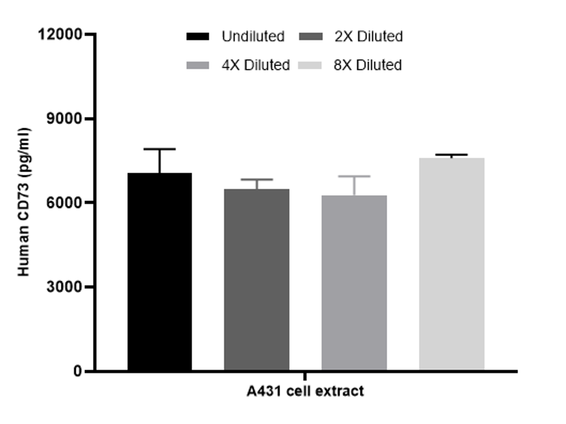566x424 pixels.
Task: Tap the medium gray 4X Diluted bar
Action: [354, 283]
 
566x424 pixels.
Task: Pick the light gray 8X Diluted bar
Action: [452, 264]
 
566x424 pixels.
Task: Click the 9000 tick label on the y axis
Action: [65, 119]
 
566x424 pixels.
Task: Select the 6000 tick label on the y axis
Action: [65, 203]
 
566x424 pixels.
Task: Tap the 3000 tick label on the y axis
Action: [65, 287]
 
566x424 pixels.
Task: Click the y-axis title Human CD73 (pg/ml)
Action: [24, 202]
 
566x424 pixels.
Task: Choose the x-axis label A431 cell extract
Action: [305, 391]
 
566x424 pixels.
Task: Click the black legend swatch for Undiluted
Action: [198, 36]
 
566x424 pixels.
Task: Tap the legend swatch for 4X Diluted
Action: [198, 65]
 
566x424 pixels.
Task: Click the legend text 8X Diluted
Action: [368, 65]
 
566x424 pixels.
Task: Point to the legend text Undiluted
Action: [253, 36]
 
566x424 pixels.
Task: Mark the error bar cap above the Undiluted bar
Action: [159, 149]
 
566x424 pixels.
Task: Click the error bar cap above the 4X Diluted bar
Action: [354, 176]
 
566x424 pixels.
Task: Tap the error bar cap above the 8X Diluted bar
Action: [452, 155]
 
